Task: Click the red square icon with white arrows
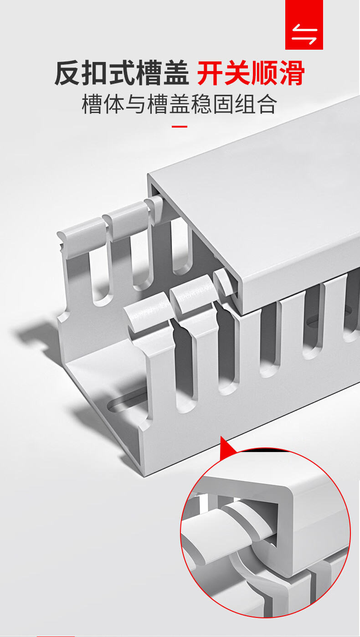click(x=304, y=25)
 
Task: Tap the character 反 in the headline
click(x=67, y=73)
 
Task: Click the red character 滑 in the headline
click(x=292, y=73)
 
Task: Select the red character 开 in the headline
click(x=210, y=73)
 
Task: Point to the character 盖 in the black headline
click(x=175, y=73)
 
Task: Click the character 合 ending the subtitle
click(x=266, y=104)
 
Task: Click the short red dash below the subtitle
click(x=180, y=127)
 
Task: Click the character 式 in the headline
click(x=122, y=73)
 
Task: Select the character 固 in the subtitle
click(x=223, y=104)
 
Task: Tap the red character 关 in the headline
click(x=237, y=73)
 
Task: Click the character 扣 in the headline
click(x=95, y=73)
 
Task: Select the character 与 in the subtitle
click(x=135, y=104)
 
